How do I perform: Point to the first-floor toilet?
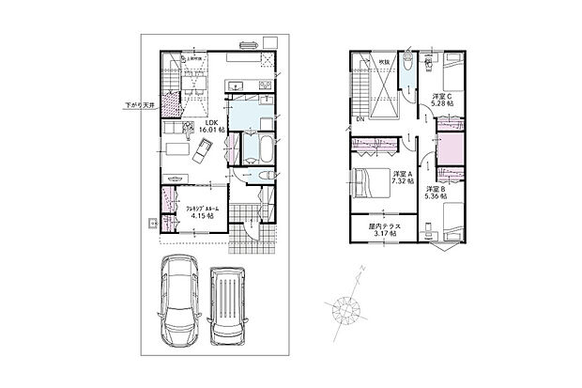(265, 176)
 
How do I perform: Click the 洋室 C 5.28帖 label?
(444, 101)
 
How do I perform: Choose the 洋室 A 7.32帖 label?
(404, 179)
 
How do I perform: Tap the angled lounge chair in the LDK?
(205, 149)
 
